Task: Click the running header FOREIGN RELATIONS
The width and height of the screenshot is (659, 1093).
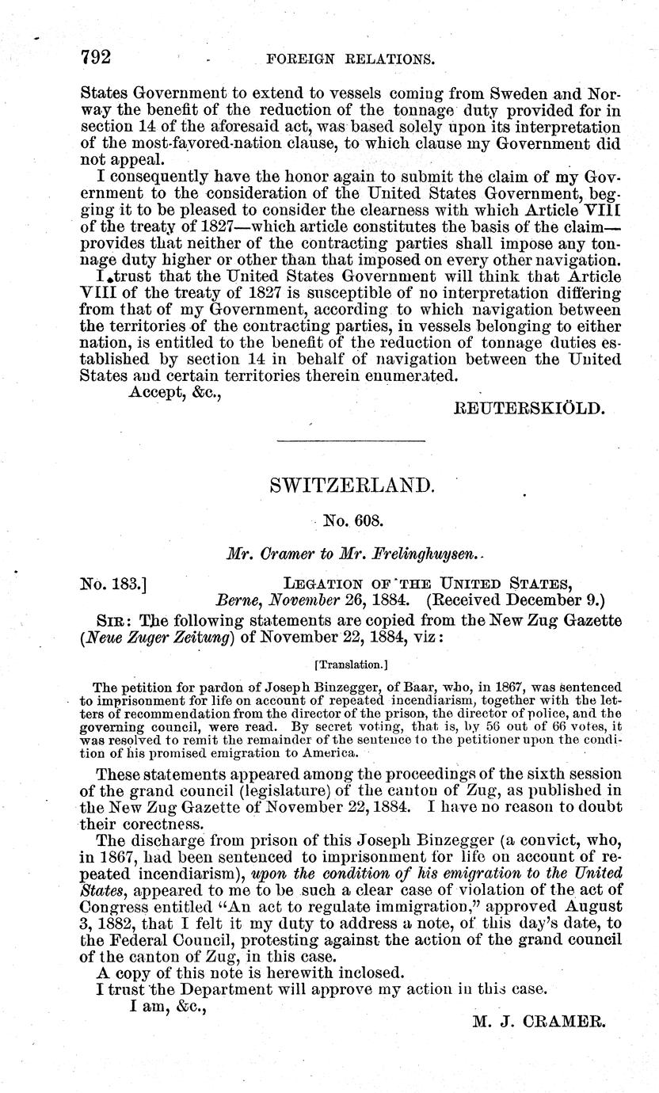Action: (352, 59)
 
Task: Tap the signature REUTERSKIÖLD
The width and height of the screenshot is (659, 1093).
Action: (529, 409)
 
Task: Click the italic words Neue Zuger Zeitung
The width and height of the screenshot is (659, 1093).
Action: (152, 641)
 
